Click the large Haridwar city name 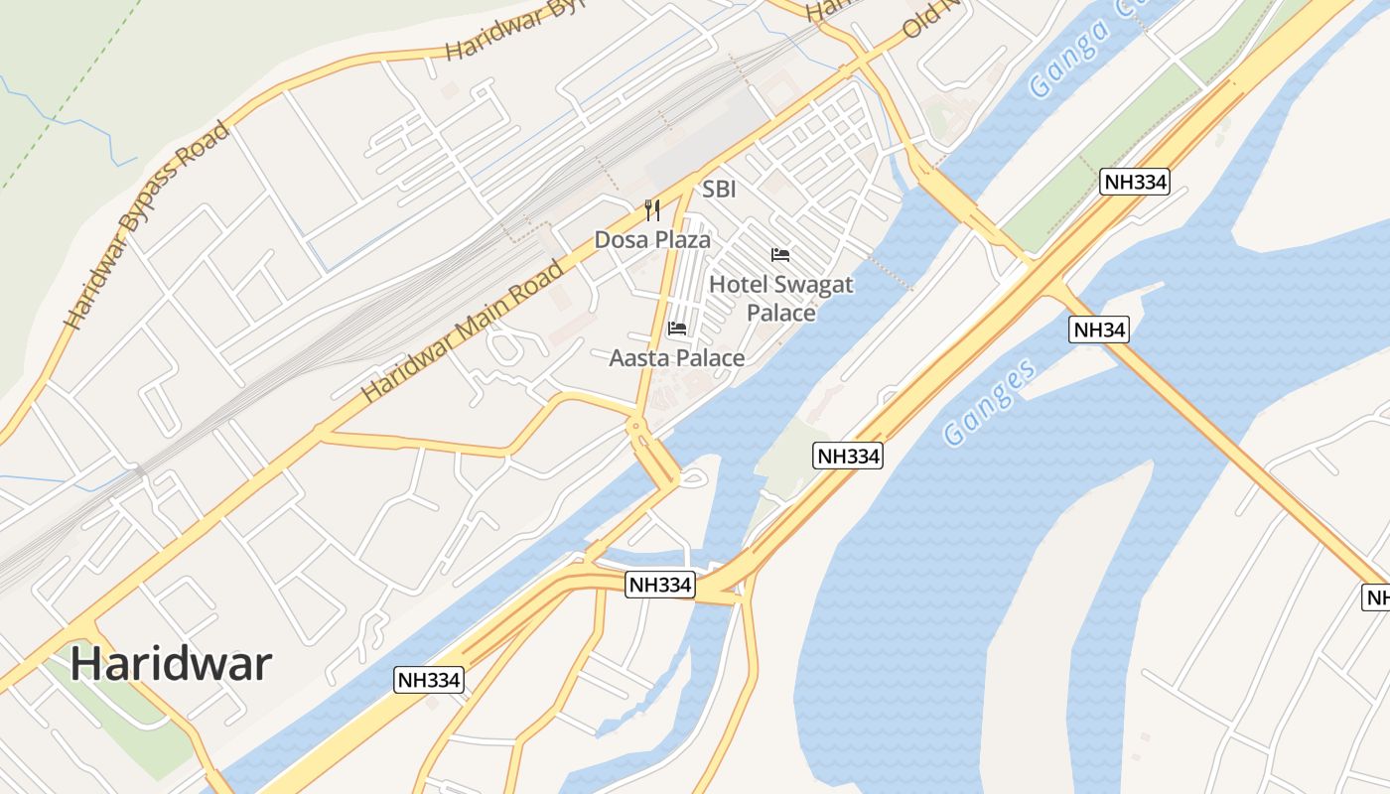(171, 663)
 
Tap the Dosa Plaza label (652, 240)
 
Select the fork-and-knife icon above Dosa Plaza (652, 210)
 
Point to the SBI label (719, 190)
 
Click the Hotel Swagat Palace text (781, 298)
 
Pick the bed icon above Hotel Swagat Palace (780, 255)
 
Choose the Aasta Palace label (676, 358)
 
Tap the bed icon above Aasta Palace (677, 329)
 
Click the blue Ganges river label (989, 402)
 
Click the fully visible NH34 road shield (1099, 331)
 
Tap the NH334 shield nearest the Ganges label (848, 456)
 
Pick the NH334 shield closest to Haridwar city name (429, 680)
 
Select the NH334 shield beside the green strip (1135, 182)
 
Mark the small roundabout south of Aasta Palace (636, 429)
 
